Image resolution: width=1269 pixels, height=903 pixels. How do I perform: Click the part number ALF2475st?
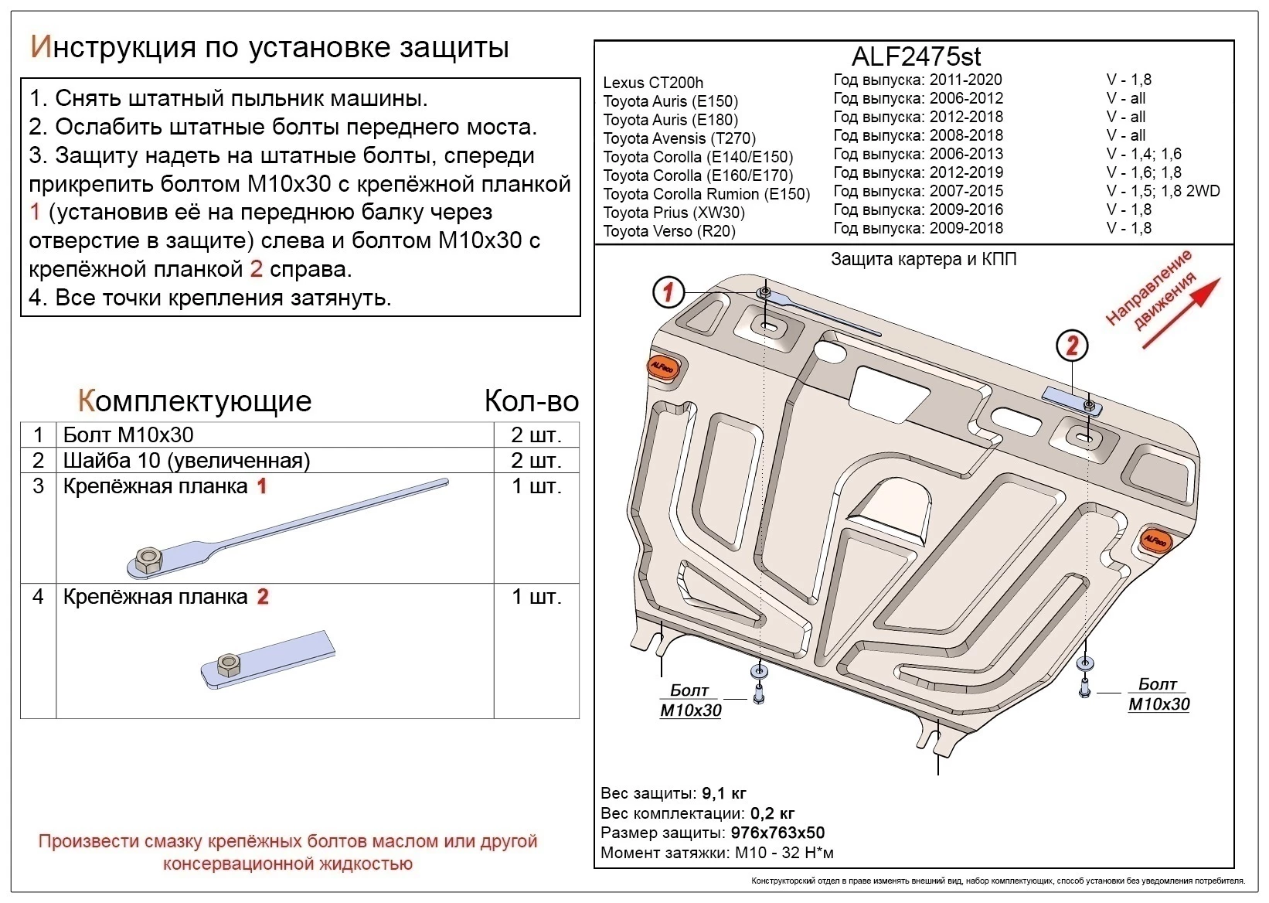click(916, 56)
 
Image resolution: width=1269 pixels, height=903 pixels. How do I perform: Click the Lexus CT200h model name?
click(653, 83)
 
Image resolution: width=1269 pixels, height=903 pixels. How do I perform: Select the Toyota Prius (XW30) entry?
click(673, 213)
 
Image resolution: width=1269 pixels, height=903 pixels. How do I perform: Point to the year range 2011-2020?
click(965, 80)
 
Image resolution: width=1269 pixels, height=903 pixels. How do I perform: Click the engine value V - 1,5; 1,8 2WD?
click(1162, 191)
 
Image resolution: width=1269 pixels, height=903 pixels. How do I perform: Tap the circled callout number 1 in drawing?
click(669, 292)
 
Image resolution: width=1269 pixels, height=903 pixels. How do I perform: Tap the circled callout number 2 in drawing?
click(1071, 346)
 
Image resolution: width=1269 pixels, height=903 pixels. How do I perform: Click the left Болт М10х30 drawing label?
click(690, 700)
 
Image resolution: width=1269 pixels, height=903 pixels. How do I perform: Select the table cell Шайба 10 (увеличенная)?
click(186, 461)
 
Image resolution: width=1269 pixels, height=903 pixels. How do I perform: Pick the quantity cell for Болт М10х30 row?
click(536, 434)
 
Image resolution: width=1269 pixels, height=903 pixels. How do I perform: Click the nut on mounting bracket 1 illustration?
click(147, 558)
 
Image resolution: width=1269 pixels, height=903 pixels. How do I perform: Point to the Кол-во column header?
click(531, 400)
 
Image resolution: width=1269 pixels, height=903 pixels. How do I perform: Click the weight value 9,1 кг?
click(723, 793)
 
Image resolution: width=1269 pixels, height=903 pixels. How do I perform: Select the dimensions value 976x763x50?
click(777, 833)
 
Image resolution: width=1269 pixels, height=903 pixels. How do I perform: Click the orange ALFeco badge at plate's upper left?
click(662, 367)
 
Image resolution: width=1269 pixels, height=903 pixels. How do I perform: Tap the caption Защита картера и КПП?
click(923, 260)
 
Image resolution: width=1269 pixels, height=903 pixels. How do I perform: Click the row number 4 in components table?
click(38, 597)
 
